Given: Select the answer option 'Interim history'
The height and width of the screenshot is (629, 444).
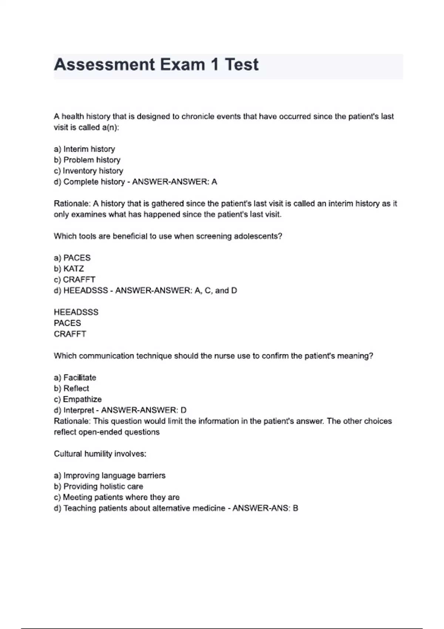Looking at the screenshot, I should (x=89, y=149).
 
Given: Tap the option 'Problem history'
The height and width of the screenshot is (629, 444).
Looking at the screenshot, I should (x=92, y=160).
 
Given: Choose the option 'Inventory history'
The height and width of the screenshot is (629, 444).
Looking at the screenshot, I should (x=92, y=171).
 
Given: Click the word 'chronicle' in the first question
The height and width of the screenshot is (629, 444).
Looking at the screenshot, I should (x=198, y=117).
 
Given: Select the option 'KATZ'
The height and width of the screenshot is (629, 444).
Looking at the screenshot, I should (x=74, y=269).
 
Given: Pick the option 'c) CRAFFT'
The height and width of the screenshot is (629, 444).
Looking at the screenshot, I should (x=75, y=280).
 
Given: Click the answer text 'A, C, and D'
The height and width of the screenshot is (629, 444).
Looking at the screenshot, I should (x=216, y=290).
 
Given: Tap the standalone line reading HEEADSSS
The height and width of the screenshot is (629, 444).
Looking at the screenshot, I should (x=76, y=312).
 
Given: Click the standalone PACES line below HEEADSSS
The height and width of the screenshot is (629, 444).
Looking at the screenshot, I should (x=67, y=323).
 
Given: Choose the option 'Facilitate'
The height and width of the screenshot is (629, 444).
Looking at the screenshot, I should (x=80, y=378).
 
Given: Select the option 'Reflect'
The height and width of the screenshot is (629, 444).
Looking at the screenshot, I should (x=76, y=388).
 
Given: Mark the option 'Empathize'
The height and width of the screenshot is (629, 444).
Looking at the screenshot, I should (x=82, y=400).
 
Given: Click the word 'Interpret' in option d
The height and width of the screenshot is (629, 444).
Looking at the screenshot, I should (x=79, y=410).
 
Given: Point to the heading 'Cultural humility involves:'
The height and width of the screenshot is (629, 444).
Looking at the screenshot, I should (x=100, y=454).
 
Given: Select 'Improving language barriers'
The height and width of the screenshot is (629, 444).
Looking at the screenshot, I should (x=114, y=475).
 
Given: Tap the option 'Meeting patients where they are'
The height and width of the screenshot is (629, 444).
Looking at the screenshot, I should (x=121, y=497).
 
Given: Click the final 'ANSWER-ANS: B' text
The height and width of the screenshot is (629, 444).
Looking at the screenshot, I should (x=265, y=508).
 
